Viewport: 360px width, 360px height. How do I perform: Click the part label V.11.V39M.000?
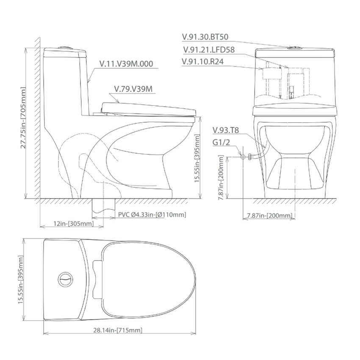pyautogui.click(x=126, y=64)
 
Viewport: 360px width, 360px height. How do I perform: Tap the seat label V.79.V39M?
pyautogui.click(x=133, y=89)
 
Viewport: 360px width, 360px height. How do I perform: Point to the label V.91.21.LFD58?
pyautogui.click(x=209, y=50)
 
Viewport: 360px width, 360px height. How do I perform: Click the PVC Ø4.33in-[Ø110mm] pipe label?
pyautogui.click(x=152, y=215)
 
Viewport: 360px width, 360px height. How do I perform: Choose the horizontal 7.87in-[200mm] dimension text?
pyautogui.click(x=269, y=216)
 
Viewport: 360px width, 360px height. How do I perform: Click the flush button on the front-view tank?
pyautogui.click(x=294, y=47)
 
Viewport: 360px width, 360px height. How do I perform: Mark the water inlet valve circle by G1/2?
pyautogui.click(x=243, y=157)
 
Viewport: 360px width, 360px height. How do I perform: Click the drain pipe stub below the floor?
pyautogui.click(x=104, y=206)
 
